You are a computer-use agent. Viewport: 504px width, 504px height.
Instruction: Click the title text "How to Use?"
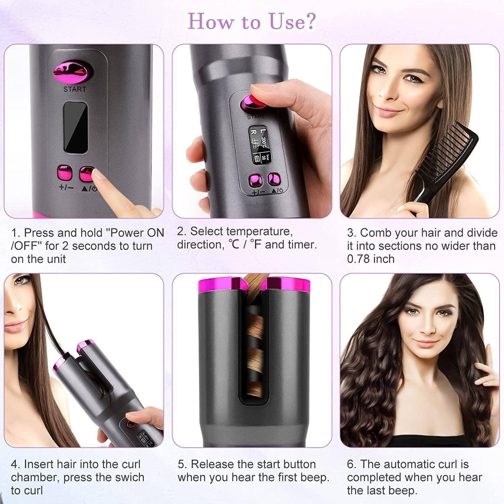(x=251, y=22)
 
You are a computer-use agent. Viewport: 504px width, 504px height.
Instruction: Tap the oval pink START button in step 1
(x=73, y=72)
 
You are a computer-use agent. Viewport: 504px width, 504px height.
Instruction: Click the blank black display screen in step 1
(x=76, y=127)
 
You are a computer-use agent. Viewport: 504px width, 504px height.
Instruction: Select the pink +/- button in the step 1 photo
(x=65, y=173)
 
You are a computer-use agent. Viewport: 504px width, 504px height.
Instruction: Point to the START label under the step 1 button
(x=75, y=89)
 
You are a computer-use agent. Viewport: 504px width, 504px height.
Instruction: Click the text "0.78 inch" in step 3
(x=371, y=259)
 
